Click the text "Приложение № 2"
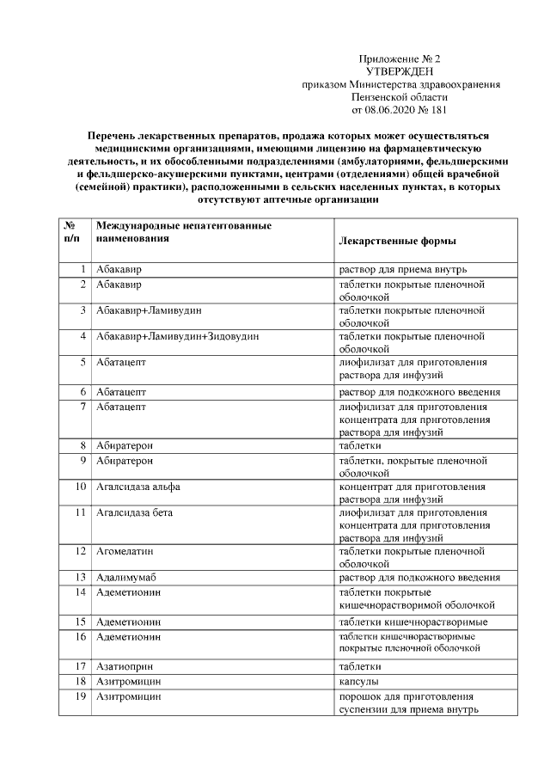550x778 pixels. pyautogui.click(x=399, y=58)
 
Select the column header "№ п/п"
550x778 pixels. pyautogui.click(x=73, y=231)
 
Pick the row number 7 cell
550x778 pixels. pyautogui.click(x=81, y=406)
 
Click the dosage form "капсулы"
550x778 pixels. pyautogui.click(x=361, y=680)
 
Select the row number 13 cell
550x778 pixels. pyautogui.click(x=79, y=577)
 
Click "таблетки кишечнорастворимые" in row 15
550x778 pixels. pyautogui.click(x=414, y=622)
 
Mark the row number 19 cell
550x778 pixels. pyautogui.click(x=79, y=695)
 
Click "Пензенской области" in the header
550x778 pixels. pyautogui.click(x=400, y=97)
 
